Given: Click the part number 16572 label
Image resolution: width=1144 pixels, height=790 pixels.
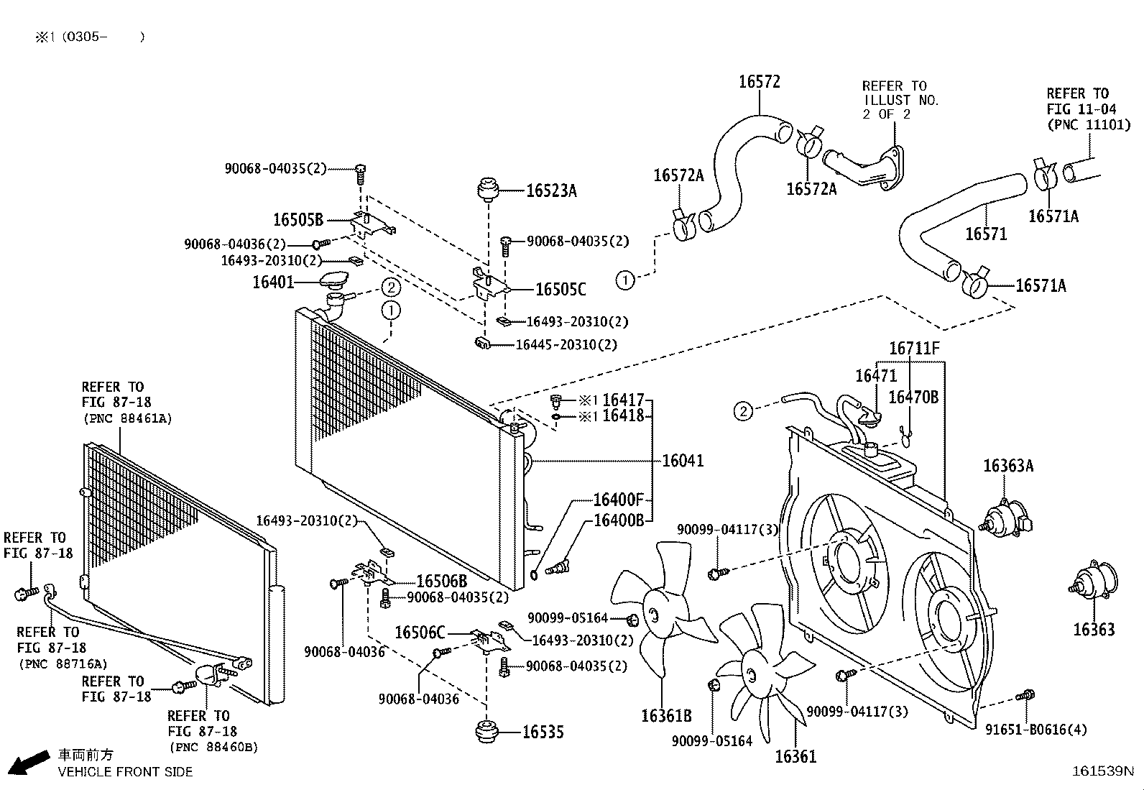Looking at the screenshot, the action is coord(759,82).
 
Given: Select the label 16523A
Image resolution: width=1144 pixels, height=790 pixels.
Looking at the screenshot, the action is coord(551,190).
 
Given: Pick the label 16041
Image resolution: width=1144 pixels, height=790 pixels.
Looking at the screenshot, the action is coord(683,461).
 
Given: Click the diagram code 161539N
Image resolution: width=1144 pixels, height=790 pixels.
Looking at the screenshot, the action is coord(1102,771).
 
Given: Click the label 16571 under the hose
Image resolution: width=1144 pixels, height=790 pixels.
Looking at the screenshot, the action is coord(986,234).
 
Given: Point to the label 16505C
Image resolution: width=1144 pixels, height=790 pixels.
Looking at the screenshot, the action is coord(561,290).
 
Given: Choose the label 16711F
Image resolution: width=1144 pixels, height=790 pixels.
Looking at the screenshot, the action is coord(913,349).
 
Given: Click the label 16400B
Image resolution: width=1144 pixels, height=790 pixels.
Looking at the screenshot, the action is coord(619,520).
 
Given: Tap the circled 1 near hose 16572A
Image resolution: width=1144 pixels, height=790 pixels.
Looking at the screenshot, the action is coord(625,280).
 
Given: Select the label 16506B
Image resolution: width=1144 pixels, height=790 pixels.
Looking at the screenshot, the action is coord(441,581).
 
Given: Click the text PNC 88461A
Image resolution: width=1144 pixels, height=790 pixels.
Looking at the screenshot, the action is coord(128,418).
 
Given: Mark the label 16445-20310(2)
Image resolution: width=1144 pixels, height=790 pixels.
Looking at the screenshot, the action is coord(566,345).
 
